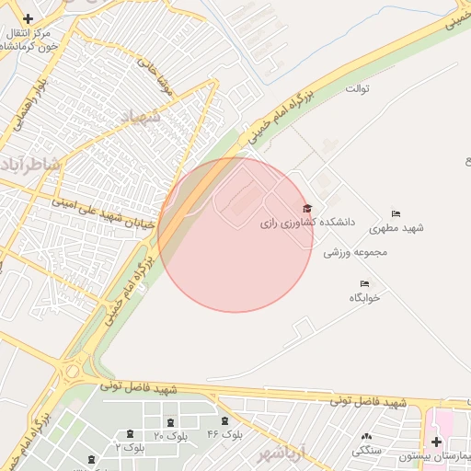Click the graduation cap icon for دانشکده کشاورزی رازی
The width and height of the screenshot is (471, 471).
coord(307,209)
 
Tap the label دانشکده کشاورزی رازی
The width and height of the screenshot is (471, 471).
coord(290,223)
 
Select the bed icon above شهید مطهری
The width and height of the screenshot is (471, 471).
coord(396,213)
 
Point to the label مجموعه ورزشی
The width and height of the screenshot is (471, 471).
coord(355,251)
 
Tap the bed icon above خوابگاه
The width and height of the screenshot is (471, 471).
coord(365,283)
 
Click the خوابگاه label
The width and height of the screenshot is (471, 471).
coord(364,297)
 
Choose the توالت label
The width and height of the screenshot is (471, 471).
coord(357,88)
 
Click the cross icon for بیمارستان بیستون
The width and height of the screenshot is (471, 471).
coord(436,442)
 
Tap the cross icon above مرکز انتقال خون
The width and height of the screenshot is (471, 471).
coord(29,18)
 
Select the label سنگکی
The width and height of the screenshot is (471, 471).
coord(367,450)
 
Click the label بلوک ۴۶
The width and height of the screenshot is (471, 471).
coord(225,434)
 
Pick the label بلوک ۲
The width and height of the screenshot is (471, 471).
coord(131,447)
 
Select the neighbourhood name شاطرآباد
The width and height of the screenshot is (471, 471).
coord(30,164)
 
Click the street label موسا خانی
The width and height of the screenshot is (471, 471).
coord(155,79)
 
